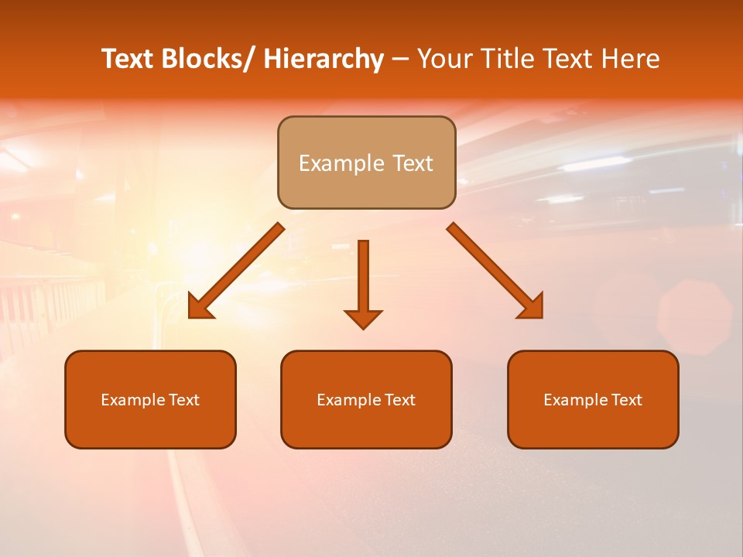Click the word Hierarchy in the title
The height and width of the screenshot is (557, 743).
pyautogui.click(x=324, y=60)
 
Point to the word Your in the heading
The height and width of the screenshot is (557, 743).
pyautogui.click(x=443, y=60)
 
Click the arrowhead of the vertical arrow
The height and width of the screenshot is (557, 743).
pyautogui.click(x=363, y=319)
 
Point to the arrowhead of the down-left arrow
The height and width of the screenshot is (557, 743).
pyautogui.click(x=199, y=309)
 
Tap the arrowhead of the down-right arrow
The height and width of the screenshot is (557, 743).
pyautogui.click(x=533, y=308)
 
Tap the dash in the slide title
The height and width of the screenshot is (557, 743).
pyautogui.click(x=400, y=60)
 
